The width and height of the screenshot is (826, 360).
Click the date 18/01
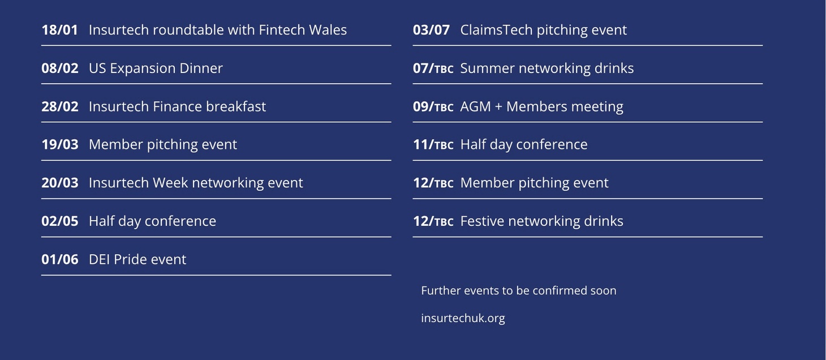pyautogui.click(x=60, y=30)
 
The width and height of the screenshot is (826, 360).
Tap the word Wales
pyautogui.click(x=328, y=30)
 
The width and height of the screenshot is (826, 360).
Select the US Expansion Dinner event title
pyautogui.click(x=156, y=68)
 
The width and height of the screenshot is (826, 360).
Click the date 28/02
pyautogui.click(x=60, y=106)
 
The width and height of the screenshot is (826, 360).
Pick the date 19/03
pyautogui.click(x=60, y=144)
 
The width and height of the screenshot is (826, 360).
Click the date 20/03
pyautogui.click(x=60, y=183)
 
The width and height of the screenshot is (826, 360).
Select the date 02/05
pyautogui.click(x=60, y=221)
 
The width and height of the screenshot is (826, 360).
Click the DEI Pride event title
pyautogui.click(x=137, y=260)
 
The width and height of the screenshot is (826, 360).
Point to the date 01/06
pyautogui.click(x=60, y=260)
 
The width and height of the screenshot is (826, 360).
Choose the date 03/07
pyautogui.click(x=431, y=30)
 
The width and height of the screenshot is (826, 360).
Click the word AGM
pyautogui.click(x=475, y=106)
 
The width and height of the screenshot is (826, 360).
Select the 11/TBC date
pyautogui.click(x=433, y=144)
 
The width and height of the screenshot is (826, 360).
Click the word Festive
pyautogui.click(x=482, y=221)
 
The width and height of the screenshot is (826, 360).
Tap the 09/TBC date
pyautogui.click(x=433, y=106)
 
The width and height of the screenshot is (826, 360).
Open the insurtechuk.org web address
pyautogui.click(x=463, y=318)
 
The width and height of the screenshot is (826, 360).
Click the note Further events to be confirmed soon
pyautogui.click(x=518, y=290)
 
